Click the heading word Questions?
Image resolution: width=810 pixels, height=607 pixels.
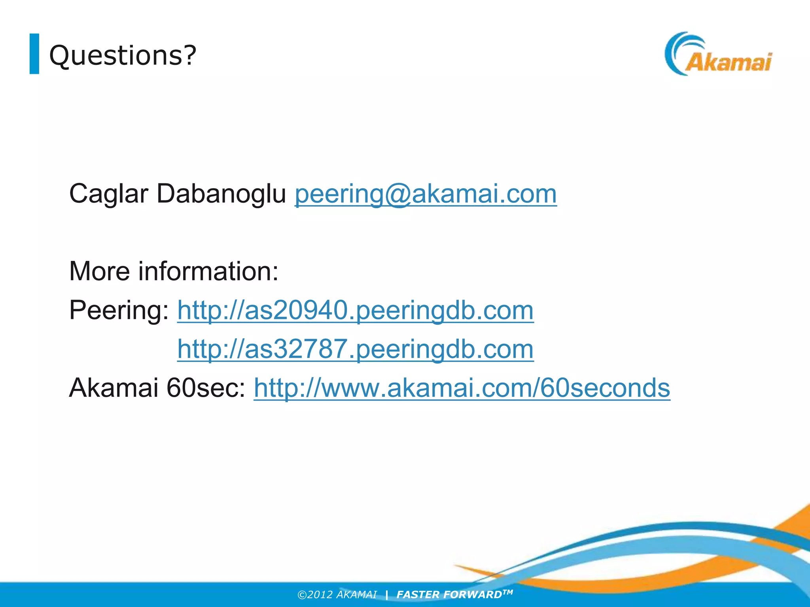[x=123, y=55]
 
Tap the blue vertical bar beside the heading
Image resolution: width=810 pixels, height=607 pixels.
[x=34, y=54]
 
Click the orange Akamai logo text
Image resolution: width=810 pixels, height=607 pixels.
[x=728, y=62]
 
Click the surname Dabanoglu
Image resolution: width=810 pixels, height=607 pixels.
[x=221, y=194]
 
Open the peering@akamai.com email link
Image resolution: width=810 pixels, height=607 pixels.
[x=426, y=194]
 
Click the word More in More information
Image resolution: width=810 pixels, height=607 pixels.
[x=99, y=271]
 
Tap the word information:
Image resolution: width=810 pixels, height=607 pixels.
[x=208, y=271]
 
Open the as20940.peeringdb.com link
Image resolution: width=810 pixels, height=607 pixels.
[x=355, y=310]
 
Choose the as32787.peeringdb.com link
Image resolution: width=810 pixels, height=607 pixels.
[x=355, y=349]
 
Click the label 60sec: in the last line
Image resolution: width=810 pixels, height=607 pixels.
[x=206, y=388]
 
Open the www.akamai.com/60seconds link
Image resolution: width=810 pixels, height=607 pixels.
[x=462, y=388]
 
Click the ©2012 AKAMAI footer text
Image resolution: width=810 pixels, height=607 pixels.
[x=337, y=595]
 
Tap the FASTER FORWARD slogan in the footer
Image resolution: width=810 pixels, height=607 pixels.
[x=449, y=595]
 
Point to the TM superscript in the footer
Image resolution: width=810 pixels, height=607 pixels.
[x=508, y=592]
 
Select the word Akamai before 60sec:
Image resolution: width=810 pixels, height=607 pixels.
[x=114, y=388]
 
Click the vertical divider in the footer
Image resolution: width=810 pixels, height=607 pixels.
[x=386, y=595]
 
